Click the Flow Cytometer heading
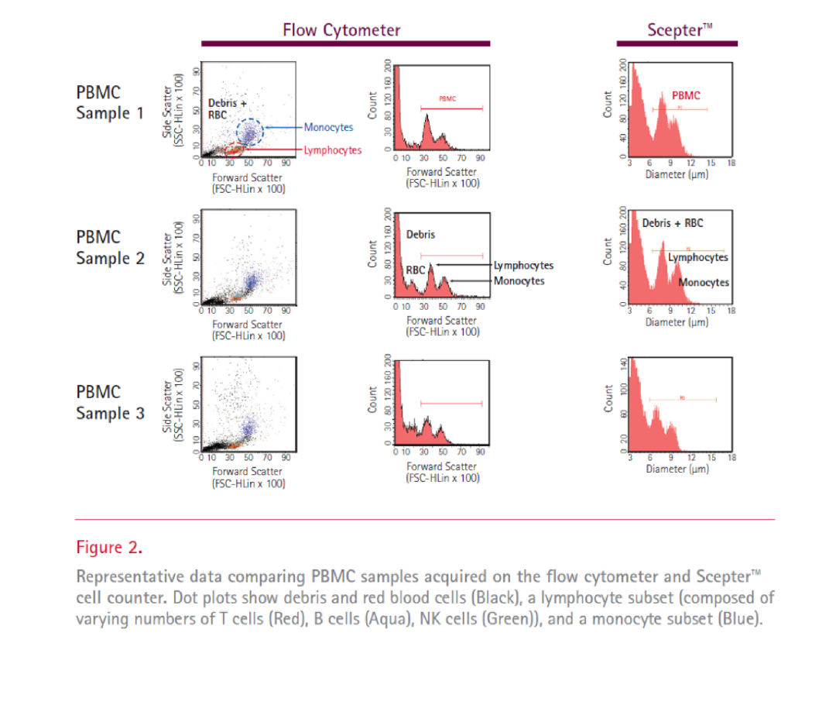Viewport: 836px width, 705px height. (x=341, y=30)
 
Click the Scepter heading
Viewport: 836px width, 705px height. (x=679, y=30)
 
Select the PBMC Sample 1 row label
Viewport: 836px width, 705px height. (x=110, y=102)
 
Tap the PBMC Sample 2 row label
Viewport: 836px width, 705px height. (x=110, y=248)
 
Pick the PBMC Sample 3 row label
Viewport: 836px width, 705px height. (x=110, y=403)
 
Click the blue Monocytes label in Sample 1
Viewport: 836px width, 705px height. (x=328, y=127)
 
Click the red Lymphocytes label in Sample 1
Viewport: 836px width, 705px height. (x=332, y=150)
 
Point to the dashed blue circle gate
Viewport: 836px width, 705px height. (x=249, y=132)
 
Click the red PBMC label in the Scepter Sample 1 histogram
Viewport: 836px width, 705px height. (x=680, y=95)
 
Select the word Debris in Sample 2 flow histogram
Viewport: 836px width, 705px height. (x=420, y=234)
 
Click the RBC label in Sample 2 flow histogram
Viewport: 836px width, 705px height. (x=415, y=269)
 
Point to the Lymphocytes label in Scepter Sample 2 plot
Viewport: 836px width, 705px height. (x=697, y=257)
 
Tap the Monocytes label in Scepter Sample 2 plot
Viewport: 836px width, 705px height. (x=704, y=282)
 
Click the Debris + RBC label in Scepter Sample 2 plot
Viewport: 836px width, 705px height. (x=673, y=223)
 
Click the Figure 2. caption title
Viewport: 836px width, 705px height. (x=109, y=548)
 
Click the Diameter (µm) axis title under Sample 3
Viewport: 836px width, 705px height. (x=677, y=469)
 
